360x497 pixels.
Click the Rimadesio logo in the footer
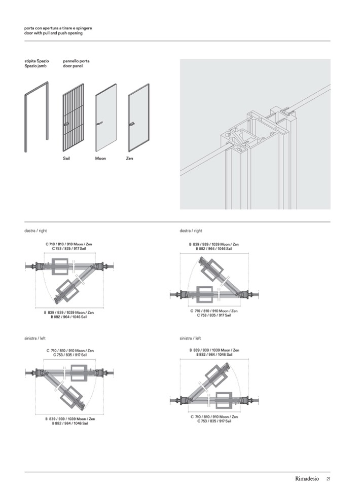tap(307, 479)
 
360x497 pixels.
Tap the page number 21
tap(328, 479)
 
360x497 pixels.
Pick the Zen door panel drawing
tap(138, 118)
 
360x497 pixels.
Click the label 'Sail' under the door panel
tap(66, 159)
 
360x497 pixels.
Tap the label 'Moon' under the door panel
tap(100, 159)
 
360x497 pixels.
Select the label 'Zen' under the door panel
tap(129, 159)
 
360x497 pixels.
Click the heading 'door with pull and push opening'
tap(53, 33)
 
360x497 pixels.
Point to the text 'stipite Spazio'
tap(37, 61)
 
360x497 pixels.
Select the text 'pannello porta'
tap(76, 61)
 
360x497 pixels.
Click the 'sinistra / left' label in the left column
tap(35, 338)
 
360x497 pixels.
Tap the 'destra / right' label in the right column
tap(191, 231)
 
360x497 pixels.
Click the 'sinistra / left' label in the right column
tap(190, 338)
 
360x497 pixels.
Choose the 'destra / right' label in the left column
tap(35, 231)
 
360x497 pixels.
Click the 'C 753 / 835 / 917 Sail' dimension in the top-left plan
tap(69, 249)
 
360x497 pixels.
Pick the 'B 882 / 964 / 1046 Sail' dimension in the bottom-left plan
tap(70, 424)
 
